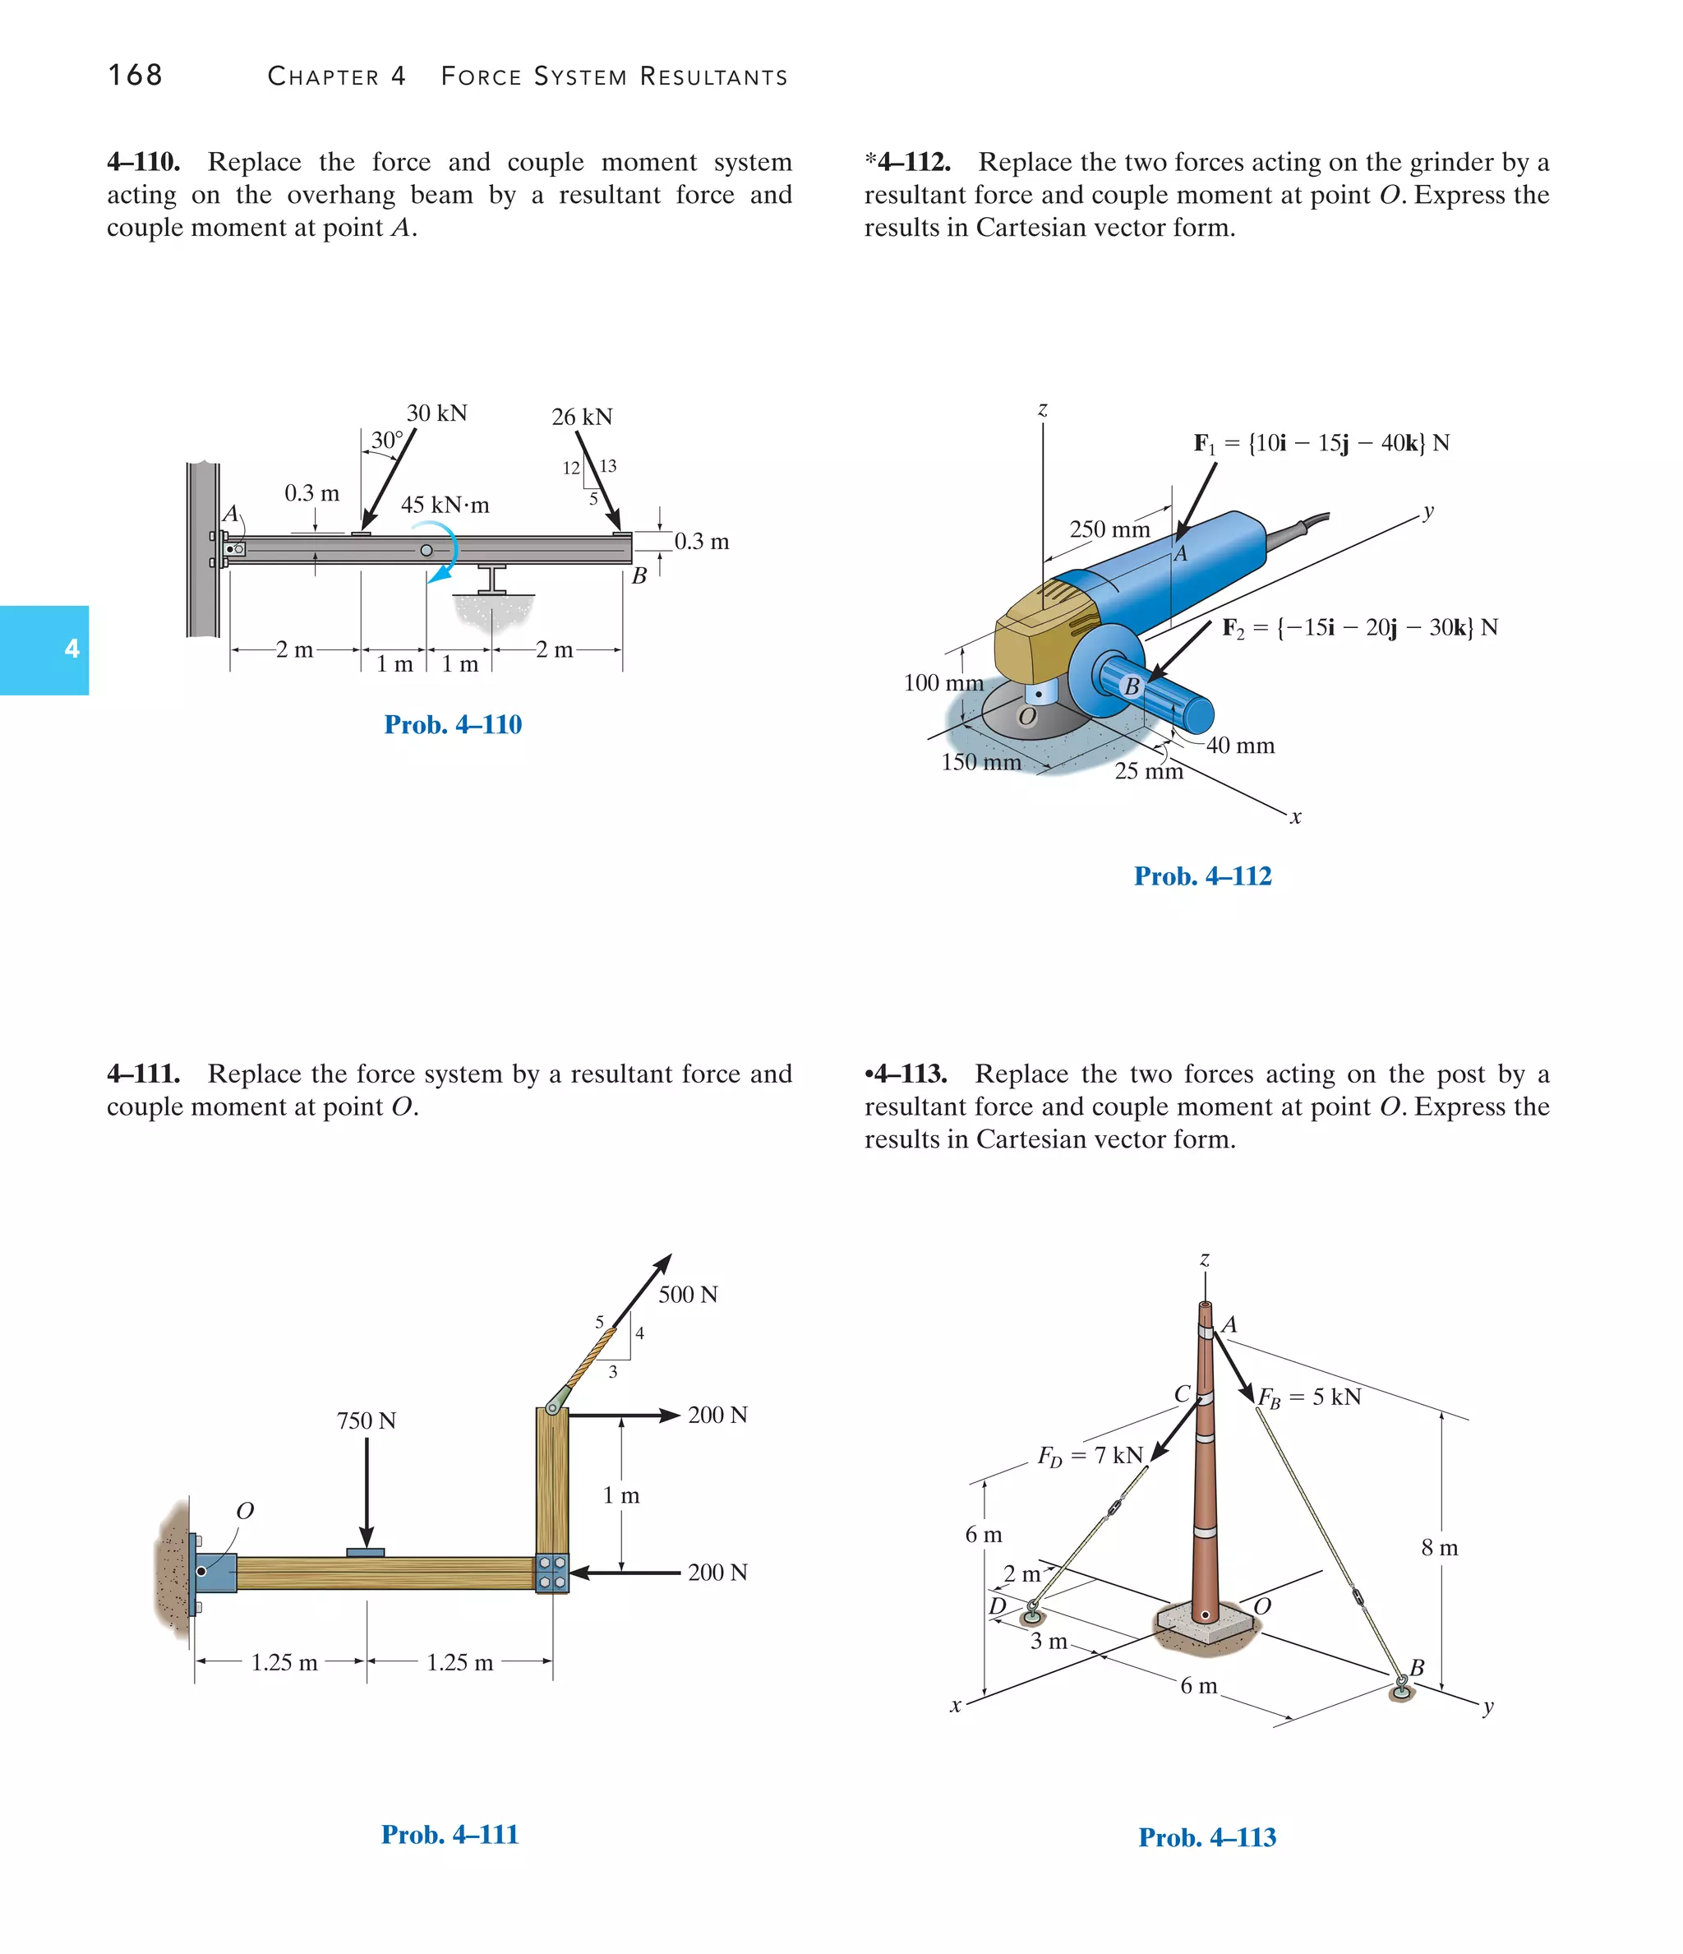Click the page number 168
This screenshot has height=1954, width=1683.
pos(135,76)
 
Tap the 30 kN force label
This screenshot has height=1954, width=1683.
pos(436,413)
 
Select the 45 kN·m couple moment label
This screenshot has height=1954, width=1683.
pos(445,505)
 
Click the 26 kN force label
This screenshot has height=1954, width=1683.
pos(582,417)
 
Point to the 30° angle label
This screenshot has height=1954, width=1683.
pos(386,441)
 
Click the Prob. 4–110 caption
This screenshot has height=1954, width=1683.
pos(453,724)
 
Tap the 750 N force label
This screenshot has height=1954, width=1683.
pos(366,1420)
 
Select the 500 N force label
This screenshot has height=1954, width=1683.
pos(687,1294)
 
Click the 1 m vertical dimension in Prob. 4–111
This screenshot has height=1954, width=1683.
pos(620,1494)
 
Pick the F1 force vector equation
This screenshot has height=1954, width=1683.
pos(1321,443)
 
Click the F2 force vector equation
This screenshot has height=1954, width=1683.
pos(1359,627)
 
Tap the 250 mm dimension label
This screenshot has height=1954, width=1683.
pos(1109,529)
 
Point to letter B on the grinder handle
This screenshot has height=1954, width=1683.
pos(1132,686)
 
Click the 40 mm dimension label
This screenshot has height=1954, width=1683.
pos(1240,745)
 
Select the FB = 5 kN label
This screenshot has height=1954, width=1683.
pos(1310,1397)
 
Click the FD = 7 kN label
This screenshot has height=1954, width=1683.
pos(1090,1455)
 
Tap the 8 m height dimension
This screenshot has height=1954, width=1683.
pos(1439,1548)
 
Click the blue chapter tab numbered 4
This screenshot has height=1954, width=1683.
pos(44,649)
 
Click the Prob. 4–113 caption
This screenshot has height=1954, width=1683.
pos(1207,1837)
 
